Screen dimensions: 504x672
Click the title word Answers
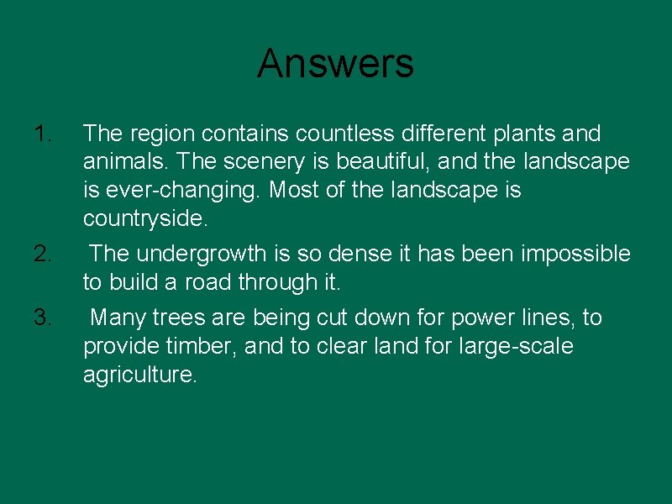(335, 63)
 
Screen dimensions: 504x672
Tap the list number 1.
(43, 133)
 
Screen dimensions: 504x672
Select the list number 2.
(44, 253)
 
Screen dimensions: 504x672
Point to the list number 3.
(44, 317)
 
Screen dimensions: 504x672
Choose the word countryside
(143, 218)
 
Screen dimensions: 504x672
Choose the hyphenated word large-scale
(517, 346)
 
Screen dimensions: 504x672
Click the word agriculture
(139, 375)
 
